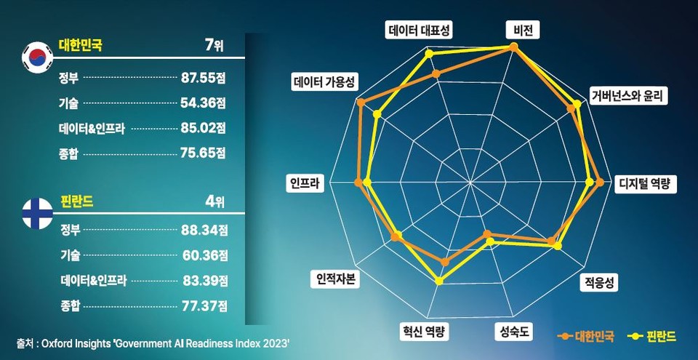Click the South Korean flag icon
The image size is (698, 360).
[x=35, y=58]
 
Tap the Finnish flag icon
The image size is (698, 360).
[x=36, y=212]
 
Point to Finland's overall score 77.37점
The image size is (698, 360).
[x=204, y=305]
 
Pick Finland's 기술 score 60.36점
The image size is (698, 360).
[x=204, y=255]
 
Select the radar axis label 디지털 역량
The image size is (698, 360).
[x=645, y=183]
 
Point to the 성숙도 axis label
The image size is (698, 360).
[x=515, y=332]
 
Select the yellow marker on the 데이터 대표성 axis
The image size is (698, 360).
[x=428, y=54]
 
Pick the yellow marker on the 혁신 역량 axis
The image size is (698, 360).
[x=438, y=281]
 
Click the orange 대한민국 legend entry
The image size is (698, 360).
[x=586, y=336]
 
